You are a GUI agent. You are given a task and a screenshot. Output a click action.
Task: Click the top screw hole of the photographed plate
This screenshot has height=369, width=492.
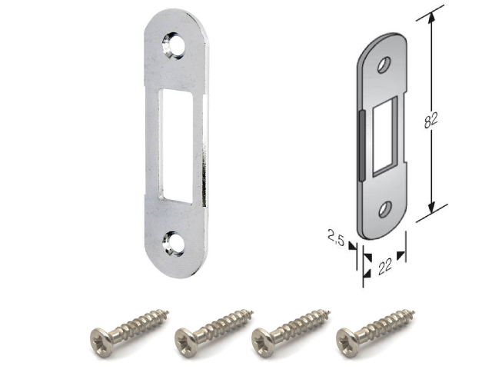173,45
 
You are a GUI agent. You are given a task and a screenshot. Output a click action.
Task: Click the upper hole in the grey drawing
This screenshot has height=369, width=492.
384,65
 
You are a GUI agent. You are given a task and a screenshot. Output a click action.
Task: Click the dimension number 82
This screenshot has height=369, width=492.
430,119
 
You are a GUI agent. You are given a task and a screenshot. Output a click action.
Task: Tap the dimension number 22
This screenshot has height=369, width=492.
385,266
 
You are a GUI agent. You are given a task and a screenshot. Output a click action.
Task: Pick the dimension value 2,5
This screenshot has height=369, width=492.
337,238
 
